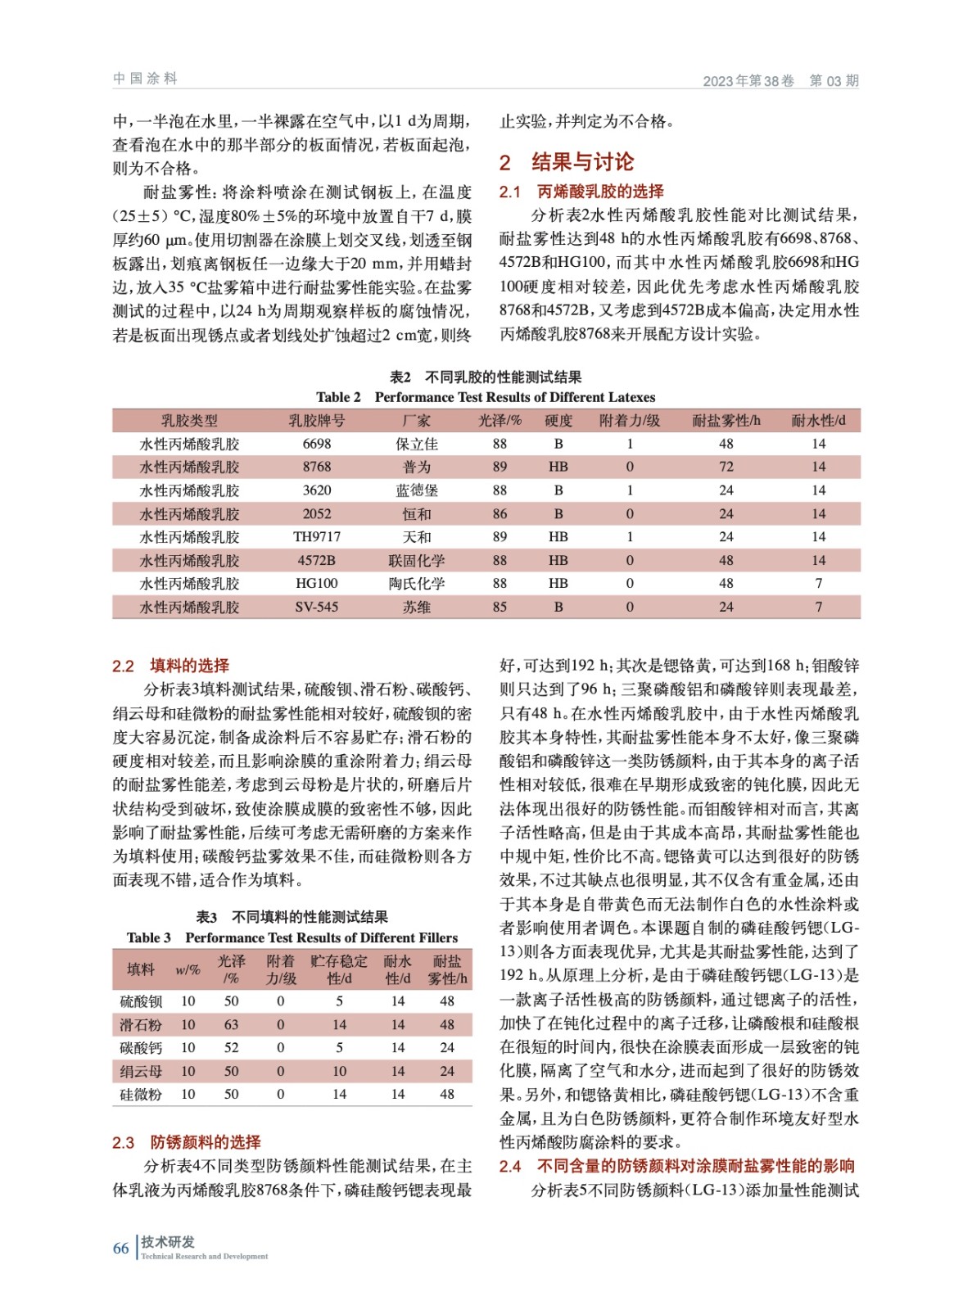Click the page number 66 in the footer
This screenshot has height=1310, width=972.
pos(120,1248)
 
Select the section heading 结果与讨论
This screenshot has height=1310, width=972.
pos(582,162)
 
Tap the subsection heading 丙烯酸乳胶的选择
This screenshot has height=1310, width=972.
pos(600,192)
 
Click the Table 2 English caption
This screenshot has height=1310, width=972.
pos(486,397)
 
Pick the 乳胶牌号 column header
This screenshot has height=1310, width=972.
pos(317,421)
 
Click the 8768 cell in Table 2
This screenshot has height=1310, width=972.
pos(317,467)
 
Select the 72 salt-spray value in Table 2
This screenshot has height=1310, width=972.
pos(726,467)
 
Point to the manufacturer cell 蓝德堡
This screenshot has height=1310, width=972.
pos(417,490)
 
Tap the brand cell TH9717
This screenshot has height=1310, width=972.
pos(317,537)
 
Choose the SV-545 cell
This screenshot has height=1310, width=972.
pos(317,607)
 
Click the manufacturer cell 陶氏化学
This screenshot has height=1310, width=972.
pos(417,584)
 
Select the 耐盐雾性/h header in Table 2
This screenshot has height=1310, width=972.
pos(726,421)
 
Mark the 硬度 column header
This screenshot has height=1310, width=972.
pos(558,421)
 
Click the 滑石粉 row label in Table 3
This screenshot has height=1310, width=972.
pos(141,1024)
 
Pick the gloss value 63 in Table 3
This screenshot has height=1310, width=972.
pos(232,1024)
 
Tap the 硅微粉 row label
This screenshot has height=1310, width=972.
pos(141,1094)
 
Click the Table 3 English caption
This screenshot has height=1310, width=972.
pos(292,937)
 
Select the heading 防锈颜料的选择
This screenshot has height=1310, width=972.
pos(205,1142)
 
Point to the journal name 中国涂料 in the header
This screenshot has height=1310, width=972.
pos(146,79)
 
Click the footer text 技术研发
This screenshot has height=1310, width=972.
pos(168,1242)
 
